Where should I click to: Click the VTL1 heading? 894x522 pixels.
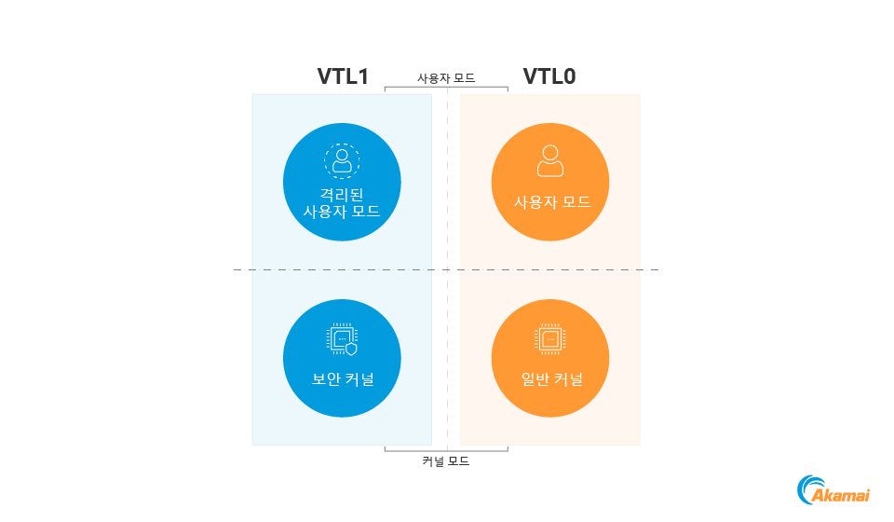[343, 76]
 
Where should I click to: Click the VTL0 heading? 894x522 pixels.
[549, 76]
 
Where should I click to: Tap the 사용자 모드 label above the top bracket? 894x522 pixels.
[446, 78]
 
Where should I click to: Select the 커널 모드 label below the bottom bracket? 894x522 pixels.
[446, 461]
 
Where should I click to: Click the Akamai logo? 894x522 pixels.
[833, 490]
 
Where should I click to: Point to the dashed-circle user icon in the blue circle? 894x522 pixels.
[342, 161]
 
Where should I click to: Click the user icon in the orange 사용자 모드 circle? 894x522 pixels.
[550, 161]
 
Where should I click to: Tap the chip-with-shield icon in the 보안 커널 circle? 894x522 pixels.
[342, 339]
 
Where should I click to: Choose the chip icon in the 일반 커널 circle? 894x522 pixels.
[550, 339]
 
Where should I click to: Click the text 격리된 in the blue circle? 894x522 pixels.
[342, 195]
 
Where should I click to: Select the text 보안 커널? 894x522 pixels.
[343, 378]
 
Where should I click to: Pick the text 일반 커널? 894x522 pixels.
[552, 378]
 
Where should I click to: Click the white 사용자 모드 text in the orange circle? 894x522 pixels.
[552, 202]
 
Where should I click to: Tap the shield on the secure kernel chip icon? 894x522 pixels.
[351, 350]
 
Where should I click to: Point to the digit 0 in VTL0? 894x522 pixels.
[568, 76]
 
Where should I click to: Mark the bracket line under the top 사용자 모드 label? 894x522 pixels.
[446, 88]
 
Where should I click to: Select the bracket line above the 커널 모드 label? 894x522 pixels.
[446, 450]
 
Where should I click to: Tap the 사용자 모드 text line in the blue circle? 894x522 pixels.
[342, 212]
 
